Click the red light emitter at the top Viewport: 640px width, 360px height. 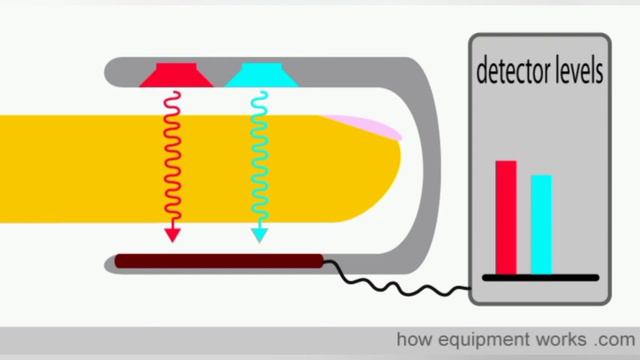coord(172,75)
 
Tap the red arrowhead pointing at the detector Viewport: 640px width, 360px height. coord(172,235)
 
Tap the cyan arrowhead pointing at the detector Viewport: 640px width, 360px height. coord(260,235)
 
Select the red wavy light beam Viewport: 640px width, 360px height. coord(171,160)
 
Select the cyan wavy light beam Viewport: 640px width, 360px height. coord(259,160)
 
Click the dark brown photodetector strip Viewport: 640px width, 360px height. coord(219,262)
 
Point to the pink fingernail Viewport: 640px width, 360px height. coord(363,126)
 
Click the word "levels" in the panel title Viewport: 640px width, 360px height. coord(577,73)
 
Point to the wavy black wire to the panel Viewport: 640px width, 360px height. coord(400,284)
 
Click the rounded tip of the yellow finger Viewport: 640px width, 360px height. coord(390,170)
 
